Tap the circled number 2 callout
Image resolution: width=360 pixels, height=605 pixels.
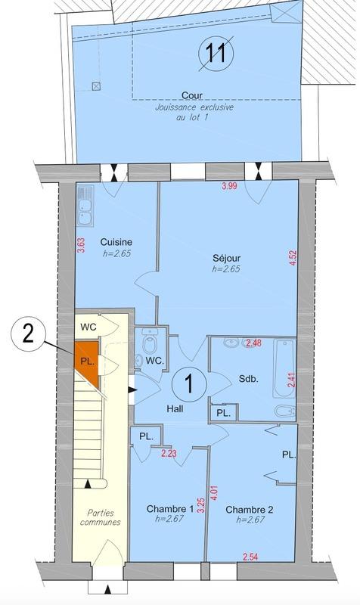27,334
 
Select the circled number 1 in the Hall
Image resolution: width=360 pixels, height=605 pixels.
188,383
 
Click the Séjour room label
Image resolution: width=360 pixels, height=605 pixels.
226,257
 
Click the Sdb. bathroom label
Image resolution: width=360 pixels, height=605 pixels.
249,380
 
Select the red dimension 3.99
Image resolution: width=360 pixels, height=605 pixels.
229,186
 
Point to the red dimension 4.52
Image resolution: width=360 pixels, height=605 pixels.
292,259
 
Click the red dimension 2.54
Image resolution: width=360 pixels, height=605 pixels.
250,558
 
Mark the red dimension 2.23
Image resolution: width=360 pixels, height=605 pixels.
169,453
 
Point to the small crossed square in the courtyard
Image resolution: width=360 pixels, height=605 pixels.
95,85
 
